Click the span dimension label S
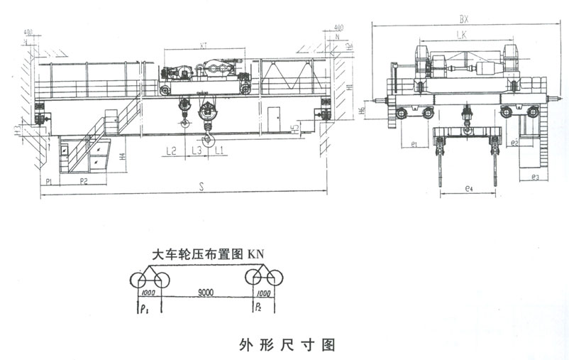[202, 187]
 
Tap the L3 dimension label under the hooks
[196, 151]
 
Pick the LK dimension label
[462, 34]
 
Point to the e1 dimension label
[412, 144]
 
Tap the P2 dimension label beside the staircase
[84, 182]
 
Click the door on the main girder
[273, 114]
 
